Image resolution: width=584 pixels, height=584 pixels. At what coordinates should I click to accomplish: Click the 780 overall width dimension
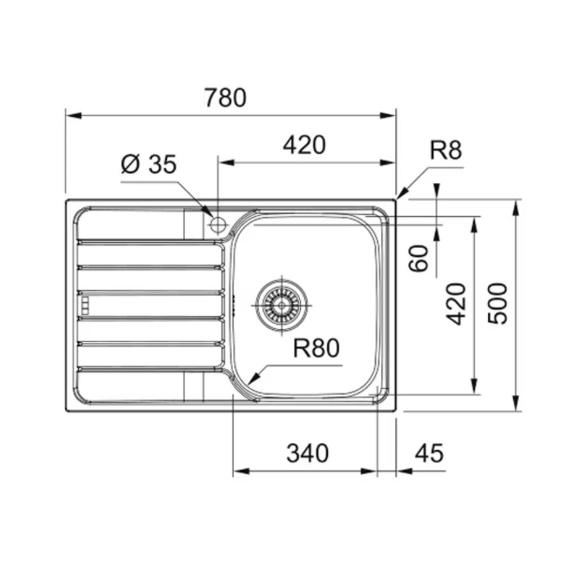coord(225,98)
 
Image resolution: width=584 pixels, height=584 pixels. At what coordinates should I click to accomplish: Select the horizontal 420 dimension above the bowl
coord(304,145)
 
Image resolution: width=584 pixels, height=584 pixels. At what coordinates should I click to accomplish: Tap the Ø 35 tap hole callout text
coord(148,164)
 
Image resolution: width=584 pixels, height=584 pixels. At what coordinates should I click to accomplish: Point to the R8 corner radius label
coord(446,150)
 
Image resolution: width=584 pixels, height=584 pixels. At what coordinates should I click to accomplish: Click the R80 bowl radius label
coord(316,348)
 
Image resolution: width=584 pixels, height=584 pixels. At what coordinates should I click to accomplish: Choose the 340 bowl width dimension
coord(308,453)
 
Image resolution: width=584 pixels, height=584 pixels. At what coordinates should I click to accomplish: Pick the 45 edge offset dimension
coord(429,453)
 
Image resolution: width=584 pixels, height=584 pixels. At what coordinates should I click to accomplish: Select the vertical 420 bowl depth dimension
coord(457,304)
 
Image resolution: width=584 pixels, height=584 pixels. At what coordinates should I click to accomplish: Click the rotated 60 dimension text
coord(419,258)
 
